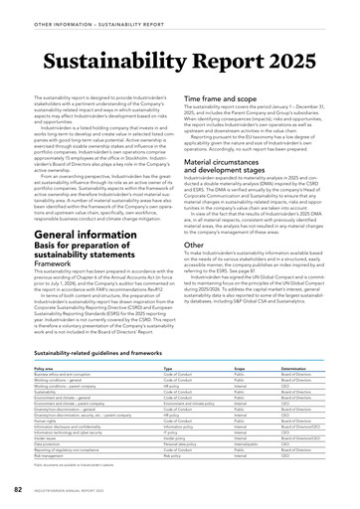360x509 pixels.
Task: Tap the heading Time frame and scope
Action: tap(230, 100)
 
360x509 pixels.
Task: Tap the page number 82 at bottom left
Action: tap(18, 491)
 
